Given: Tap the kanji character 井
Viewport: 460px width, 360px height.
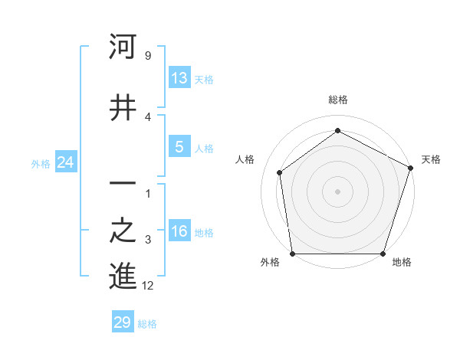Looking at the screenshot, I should click(123, 108).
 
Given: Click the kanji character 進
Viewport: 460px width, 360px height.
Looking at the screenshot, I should click(123, 277).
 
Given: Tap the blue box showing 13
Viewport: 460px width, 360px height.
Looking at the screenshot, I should click(179, 78).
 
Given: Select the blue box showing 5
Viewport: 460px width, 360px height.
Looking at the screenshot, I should click(179, 148).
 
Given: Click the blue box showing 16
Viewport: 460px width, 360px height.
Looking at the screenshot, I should click(179, 232).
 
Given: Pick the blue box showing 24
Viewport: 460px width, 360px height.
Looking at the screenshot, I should click(66, 162).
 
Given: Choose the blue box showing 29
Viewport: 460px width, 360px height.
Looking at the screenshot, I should click(123, 322).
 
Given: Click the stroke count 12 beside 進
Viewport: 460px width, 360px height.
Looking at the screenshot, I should click(148, 286).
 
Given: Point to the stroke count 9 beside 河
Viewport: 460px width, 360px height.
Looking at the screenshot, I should click(147, 55).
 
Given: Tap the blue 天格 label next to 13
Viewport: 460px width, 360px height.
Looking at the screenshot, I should click(203, 79).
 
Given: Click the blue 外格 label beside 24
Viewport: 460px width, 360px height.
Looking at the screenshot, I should click(41, 163).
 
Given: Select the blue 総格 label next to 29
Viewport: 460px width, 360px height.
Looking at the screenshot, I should click(147, 323).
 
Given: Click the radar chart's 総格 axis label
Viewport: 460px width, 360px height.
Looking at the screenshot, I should click(337, 100).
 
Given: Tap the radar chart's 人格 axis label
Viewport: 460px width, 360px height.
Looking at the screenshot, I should click(245, 159).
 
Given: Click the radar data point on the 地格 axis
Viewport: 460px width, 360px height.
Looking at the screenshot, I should click(383, 254).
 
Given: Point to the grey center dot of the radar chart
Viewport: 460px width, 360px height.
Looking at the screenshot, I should click(337, 191).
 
